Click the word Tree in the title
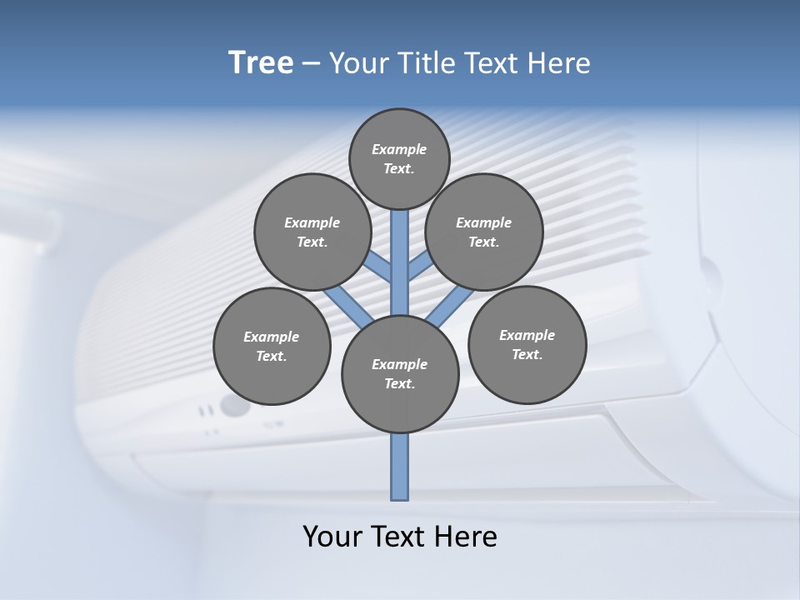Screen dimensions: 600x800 [x=261, y=62]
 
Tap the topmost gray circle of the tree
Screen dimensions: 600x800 [x=399, y=158]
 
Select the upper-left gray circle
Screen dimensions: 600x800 [x=312, y=232]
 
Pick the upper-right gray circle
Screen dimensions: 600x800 [x=484, y=232]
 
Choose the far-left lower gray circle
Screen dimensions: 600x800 [x=272, y=346]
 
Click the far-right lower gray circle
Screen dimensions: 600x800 [x=527, y=344]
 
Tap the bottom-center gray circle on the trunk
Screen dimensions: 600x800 [x=400, y=373]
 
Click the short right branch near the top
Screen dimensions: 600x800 [x=418, y=266]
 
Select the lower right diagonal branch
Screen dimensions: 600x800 [x=450, y=305]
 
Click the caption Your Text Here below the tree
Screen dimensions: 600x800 [x=400, y=537]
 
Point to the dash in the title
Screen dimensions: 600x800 [x=311, y=63]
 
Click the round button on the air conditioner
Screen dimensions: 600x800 [x=234, y=407]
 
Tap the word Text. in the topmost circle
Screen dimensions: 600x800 [x=399, y=168]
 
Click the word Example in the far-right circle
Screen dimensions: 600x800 [x=527, y=335]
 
